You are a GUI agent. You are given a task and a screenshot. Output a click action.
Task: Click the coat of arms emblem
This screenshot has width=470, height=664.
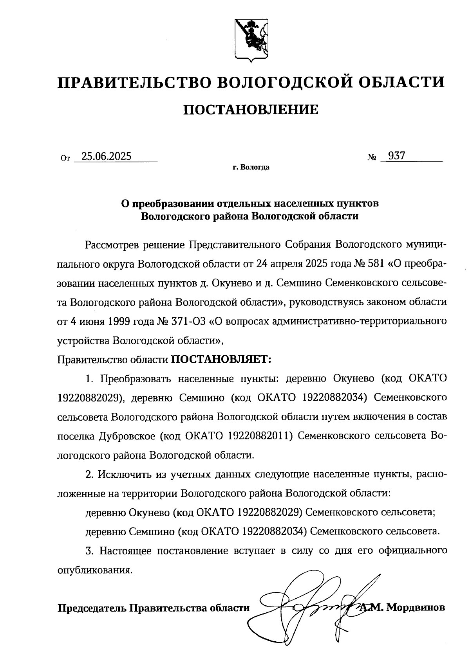251,40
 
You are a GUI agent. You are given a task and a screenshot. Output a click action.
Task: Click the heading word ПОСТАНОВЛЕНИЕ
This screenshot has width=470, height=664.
251,110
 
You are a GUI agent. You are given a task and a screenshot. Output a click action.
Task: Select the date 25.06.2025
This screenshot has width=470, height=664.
104,157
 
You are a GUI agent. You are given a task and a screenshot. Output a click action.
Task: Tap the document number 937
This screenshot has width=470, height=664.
396,156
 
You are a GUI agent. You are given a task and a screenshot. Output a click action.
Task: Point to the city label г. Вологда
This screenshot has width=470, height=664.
251,168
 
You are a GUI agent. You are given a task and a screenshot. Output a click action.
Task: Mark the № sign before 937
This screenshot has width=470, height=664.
372,158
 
